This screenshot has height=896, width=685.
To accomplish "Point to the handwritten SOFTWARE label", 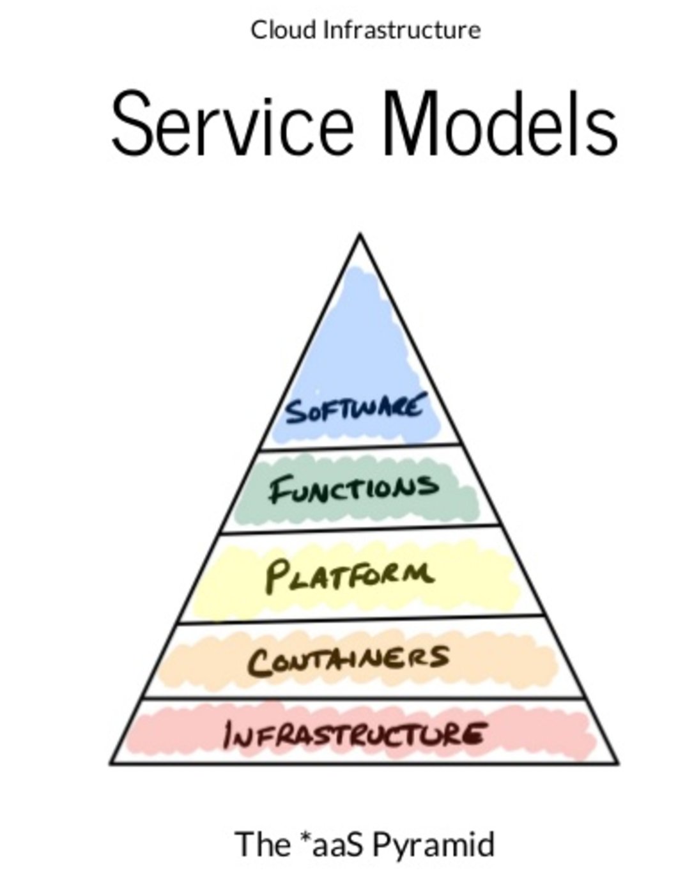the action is coord(354,409).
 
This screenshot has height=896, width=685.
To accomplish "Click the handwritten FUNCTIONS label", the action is coord(353,489).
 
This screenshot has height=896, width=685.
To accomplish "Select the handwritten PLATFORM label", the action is coord(349,574).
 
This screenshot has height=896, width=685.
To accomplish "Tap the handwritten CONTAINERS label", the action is coord(349,659).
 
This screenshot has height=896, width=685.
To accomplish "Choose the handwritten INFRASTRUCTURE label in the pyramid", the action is coord(353,734).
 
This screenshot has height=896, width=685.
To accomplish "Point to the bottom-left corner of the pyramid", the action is coord(111,762).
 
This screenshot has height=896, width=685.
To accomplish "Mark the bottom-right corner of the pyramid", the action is coord(618,762).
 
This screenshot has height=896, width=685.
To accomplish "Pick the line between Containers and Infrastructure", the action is coord(363,698).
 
